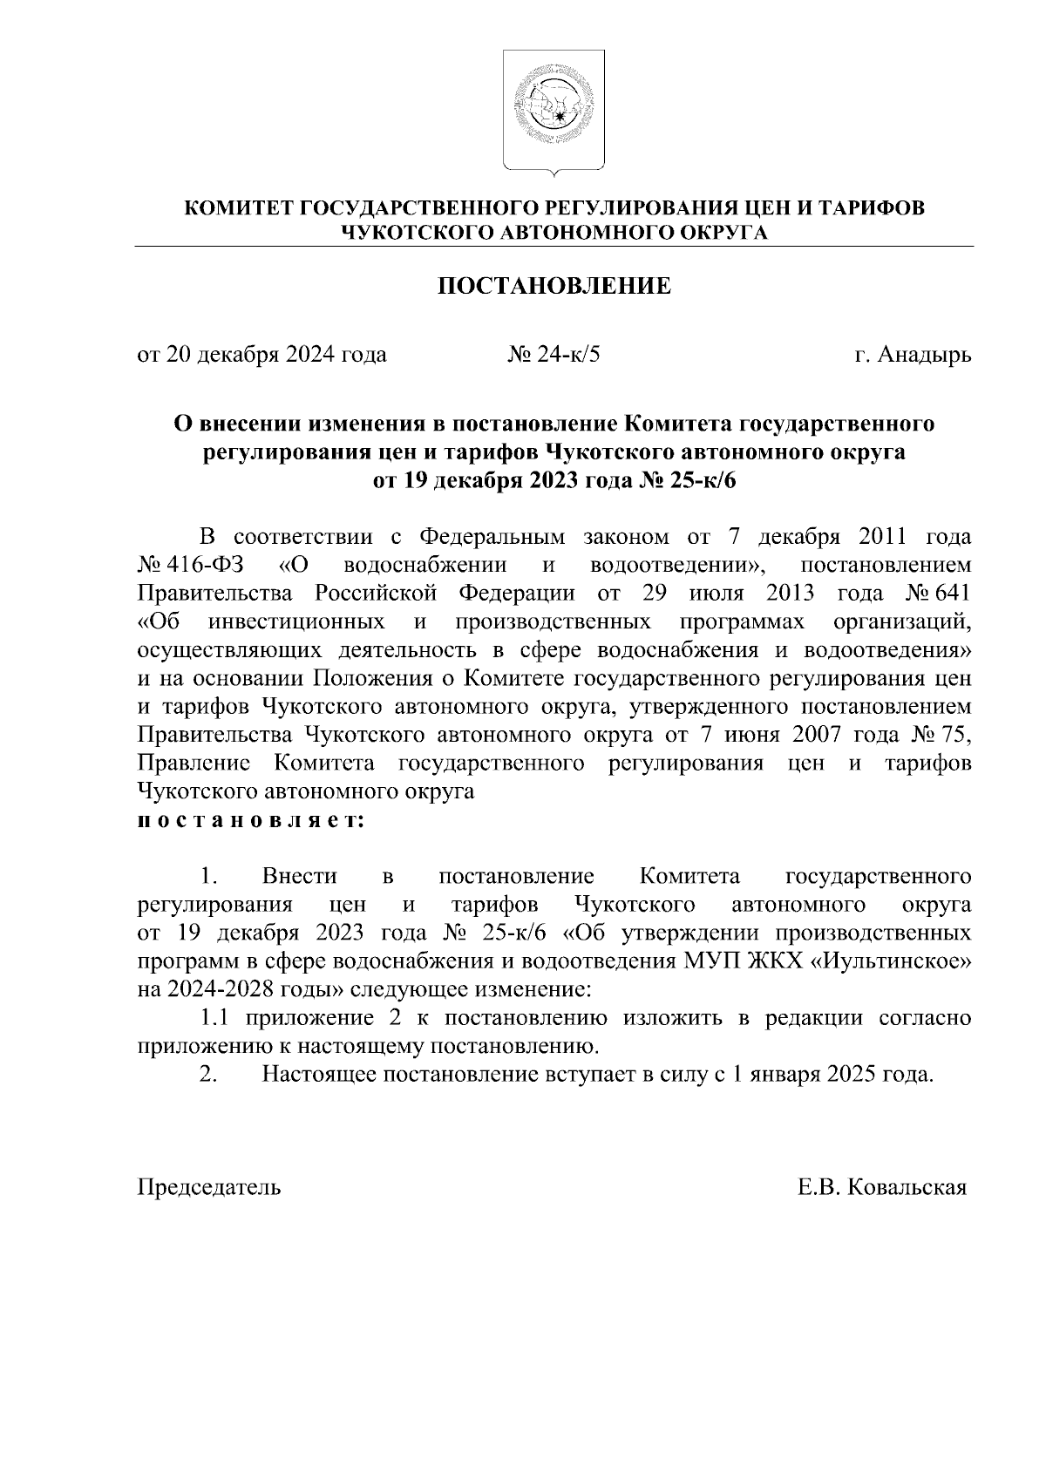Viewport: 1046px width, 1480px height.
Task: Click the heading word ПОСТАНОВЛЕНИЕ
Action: [x=554, y=286]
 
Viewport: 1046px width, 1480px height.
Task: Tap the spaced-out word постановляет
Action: [x=250, y=821]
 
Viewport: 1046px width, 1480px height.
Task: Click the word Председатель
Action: [x=209, y=1187]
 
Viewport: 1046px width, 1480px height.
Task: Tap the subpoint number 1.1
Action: [x=215, y=1018]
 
